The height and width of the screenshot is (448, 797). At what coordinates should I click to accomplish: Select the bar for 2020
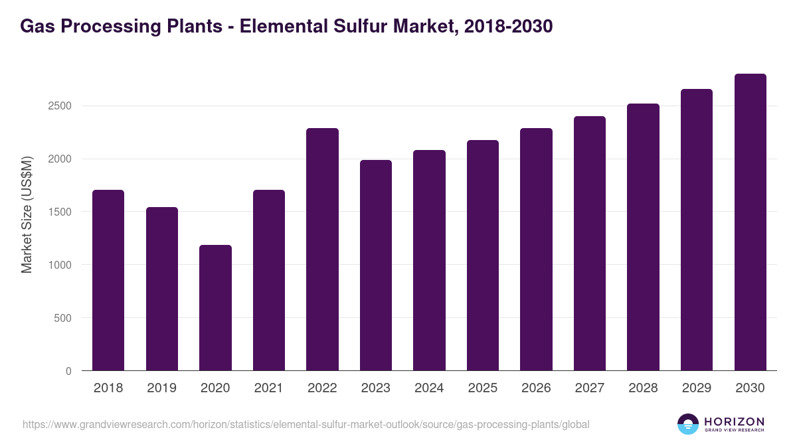[215, 308]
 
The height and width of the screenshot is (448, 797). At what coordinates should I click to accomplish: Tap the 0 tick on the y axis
[68, 371]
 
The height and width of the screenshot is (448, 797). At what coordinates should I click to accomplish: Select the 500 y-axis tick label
[62, 318]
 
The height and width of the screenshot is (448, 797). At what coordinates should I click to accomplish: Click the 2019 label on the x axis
[161, 388]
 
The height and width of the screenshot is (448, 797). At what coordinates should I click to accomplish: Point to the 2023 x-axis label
[376, 388]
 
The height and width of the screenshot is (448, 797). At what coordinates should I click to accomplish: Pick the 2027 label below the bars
[590, 388]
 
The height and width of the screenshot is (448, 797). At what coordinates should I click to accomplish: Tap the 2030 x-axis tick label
[750, 388]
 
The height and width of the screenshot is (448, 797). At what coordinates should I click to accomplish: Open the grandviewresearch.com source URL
[306, 424]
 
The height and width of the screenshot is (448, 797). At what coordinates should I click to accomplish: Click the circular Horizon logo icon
[688, 424]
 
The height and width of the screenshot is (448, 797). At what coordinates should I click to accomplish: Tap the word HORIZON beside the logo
[734, 421]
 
